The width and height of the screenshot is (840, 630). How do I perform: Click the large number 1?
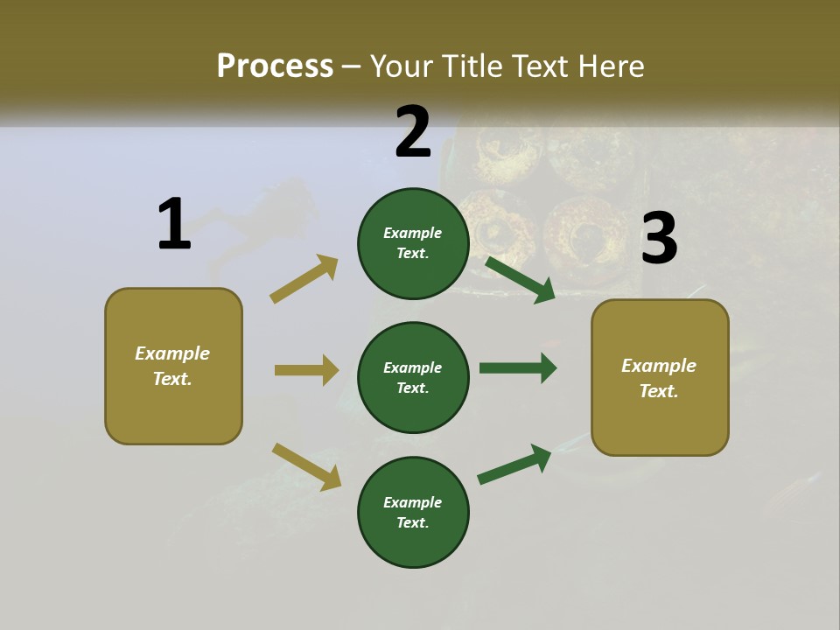point(174,225)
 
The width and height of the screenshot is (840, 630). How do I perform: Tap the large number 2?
point(413,132)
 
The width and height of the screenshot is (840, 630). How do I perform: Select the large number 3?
point(659,239)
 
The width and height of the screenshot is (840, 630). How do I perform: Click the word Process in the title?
point(275,66)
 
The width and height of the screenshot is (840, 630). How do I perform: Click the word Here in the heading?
point(609,66)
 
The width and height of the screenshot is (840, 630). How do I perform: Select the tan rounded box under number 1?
point(173,366)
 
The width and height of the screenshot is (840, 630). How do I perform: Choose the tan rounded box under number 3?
point(660,378)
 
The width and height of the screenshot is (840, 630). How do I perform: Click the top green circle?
point(413,243)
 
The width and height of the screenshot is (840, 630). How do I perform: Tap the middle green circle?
point(413,377)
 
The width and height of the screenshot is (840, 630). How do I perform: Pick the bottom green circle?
point(413,512)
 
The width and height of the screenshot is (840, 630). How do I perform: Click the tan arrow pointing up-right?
point(304,279)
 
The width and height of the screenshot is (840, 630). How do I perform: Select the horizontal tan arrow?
point(306,370)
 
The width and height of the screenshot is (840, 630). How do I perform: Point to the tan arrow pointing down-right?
point(306,466)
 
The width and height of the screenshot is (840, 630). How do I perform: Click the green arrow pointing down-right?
point(520,279)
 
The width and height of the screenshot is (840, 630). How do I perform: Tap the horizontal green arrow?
point(517,368)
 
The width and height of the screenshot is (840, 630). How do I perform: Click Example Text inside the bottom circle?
point(413,513)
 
